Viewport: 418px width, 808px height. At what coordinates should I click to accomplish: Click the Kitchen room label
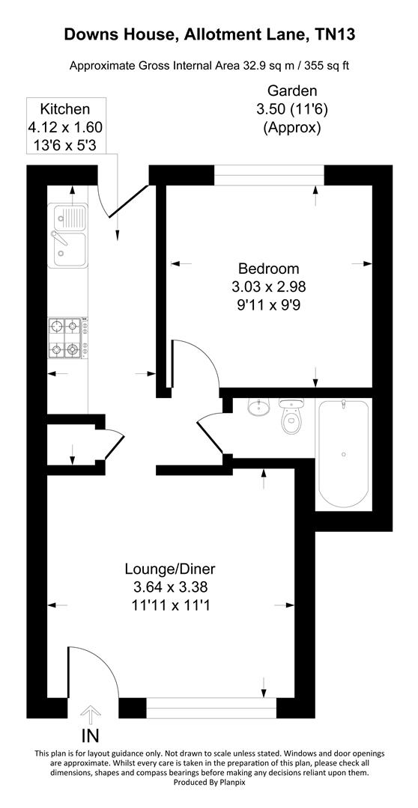[x=65, y=109]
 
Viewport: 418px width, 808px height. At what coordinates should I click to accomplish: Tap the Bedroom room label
[x=268, y=269]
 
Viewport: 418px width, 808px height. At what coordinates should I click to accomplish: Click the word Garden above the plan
[x=291, y=92]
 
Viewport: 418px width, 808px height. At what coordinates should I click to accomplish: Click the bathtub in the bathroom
[x=344, y=453]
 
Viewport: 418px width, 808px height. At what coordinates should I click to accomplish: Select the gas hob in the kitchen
[x=65, y=337]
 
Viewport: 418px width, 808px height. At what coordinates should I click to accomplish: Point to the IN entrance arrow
[x=90, y=714]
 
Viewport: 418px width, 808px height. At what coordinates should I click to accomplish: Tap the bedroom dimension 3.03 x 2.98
[x=268, y=287]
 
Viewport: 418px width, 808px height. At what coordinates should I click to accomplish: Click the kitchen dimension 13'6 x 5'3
[x=65, y=144]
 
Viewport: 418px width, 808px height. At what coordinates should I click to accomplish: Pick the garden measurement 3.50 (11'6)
[x=291, y=110]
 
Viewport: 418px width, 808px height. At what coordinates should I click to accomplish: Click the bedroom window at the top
[x=269, y=174]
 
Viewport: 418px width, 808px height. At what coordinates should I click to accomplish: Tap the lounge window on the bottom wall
[x=211, y=708]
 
